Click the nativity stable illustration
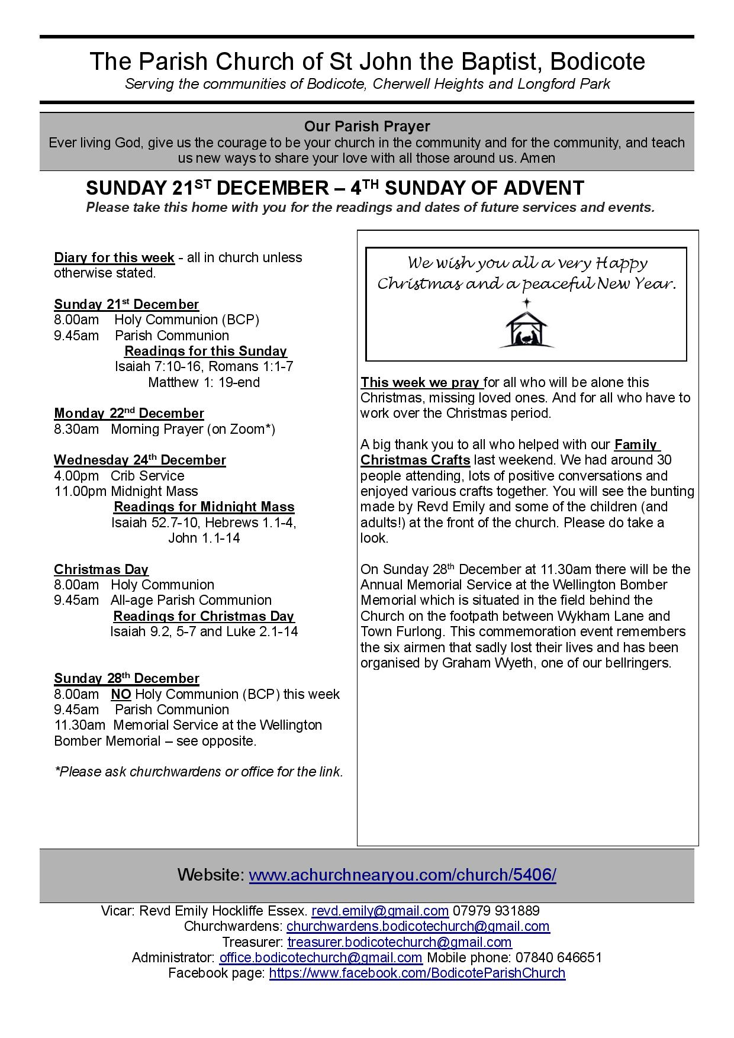click(526, 325)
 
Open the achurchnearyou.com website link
click(402, 875)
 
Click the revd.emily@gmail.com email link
click(380, 911)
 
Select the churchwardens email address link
click(418, 926)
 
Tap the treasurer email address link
click(400, 942)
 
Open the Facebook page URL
click(417, 973)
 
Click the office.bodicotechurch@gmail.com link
click(321, 958)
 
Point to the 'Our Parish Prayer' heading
click(367, 126)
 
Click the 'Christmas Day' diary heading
click(101, 569)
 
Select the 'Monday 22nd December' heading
click(129, 413)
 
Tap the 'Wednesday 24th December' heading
click(140, 460)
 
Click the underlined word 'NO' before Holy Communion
click(121, 694)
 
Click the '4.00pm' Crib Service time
click(76, 476)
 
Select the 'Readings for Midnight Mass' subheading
click(204, 507)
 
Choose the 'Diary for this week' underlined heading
click(114, 257)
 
